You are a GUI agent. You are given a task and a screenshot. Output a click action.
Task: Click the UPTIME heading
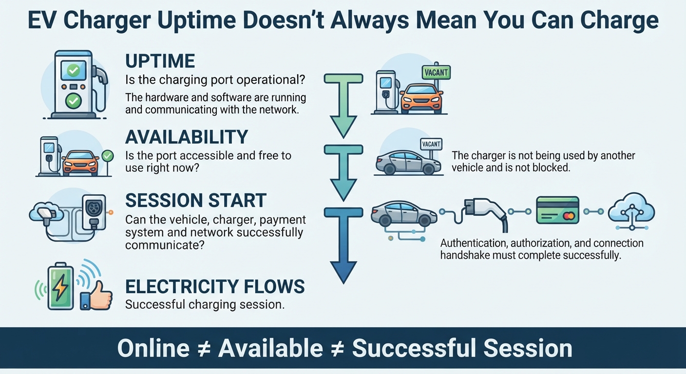click(160, 60)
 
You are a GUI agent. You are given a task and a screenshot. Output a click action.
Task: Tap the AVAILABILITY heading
click(187, 137)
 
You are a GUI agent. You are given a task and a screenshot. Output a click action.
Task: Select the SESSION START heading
click(196, 201)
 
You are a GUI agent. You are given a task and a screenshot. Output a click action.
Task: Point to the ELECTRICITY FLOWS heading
click(215, 286)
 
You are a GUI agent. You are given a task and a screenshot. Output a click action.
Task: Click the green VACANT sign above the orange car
click(436, 73)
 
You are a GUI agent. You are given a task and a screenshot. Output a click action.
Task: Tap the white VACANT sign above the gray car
click(431, 144)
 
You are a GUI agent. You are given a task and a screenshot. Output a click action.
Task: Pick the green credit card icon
click(558, 210)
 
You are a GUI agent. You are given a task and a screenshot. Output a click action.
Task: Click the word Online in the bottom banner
click(153, 348)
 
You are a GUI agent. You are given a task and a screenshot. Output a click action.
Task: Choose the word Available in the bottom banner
click(270, 348)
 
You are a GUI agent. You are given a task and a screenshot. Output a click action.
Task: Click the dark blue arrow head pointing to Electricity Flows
click(343, 272)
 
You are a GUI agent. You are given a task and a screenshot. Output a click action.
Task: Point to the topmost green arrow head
click(343, 127)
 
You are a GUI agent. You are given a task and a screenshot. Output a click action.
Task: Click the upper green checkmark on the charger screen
click(74, 71)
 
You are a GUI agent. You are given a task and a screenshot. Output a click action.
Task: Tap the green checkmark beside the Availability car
click(108, 156)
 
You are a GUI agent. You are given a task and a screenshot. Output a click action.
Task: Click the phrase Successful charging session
click(205, 304)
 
